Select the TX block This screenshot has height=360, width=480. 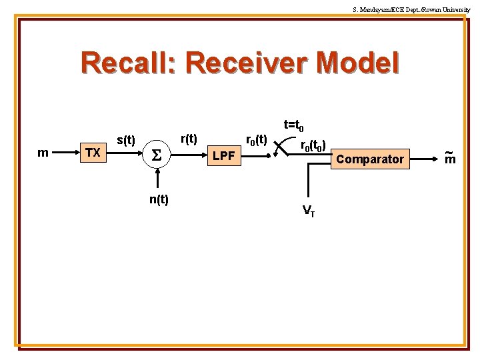[93, 153]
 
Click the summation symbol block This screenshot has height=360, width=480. [158, 155]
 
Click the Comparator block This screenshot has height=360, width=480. [370, 159]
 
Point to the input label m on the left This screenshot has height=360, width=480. [43, 153]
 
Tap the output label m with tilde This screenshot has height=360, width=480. [449, 157]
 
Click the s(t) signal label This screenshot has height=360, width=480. [126, 141]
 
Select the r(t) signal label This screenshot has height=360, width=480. [189, 139]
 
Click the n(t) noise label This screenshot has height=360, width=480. [159, 199]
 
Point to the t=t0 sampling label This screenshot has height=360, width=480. [294, 125]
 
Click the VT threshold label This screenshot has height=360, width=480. [309, 211]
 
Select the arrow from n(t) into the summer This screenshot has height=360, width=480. [158, 179]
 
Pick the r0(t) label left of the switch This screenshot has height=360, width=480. [257, 140]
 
